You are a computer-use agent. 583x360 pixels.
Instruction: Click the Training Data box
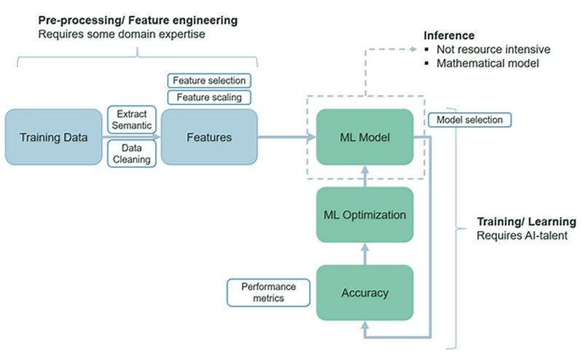tap(53, 137)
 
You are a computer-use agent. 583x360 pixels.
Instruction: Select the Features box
tap(209, 137)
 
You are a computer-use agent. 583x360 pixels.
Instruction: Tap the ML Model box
tap(365, 137)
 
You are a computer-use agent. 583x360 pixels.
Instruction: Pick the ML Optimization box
tap(365, 214)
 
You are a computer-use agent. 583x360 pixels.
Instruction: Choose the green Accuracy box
tap(365, 293)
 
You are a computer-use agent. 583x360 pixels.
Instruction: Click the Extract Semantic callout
tap(132, 120)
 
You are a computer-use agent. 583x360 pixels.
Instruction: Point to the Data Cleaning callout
tap(132, 154)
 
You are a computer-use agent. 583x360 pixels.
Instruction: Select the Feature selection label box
tap(209, 80)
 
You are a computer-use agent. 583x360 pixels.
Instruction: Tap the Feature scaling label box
tap(209, 97)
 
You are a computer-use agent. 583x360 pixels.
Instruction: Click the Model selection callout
tap(469, 120)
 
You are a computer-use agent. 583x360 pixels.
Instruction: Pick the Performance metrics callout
tap(268, 293)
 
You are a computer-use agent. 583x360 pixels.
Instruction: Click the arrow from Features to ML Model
tap(286, 137)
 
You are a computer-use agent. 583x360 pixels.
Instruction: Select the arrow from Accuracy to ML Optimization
tap(365, 254)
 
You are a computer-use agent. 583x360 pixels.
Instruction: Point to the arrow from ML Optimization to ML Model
tap(365, 176)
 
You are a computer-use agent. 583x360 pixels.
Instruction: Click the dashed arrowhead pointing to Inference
tap(412, 49)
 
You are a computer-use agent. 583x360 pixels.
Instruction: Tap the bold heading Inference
tap(449, 35)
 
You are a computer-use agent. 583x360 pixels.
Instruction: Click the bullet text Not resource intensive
tap(493, 49)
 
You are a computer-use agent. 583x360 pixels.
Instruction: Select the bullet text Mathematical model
tap(488, 63)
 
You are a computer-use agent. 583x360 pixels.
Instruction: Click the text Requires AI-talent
tap(522, 235)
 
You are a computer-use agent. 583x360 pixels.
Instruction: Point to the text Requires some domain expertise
tap(122, 34)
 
